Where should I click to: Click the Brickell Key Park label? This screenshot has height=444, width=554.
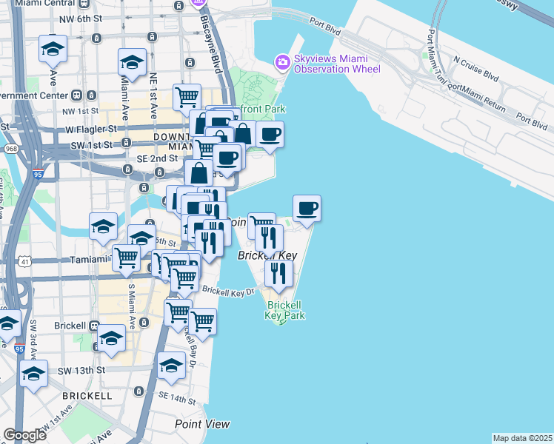click(285, 310)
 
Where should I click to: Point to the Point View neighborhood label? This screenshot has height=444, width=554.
click(202, 424)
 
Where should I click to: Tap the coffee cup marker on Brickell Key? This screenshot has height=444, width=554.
click(307, 208)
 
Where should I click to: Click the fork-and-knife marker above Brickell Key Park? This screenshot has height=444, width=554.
click(278, 273)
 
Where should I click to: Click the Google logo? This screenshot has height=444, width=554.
click(24, 435)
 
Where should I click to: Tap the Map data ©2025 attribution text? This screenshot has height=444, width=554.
click(522, 438)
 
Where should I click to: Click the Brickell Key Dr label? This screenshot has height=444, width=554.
click(228, 292)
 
